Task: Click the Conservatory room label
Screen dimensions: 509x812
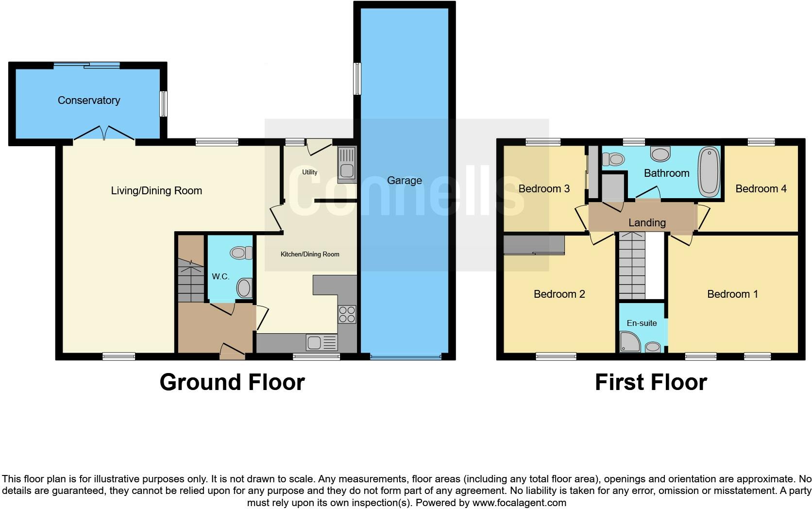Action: point(89,101)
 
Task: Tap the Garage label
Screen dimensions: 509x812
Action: point(404,181)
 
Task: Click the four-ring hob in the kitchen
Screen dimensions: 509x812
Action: point(347,314)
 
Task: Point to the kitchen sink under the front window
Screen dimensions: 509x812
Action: point(321,343)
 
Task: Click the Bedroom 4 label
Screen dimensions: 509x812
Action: point(761,188)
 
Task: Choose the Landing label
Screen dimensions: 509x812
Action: point(647,222)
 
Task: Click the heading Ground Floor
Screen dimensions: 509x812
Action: point(232,382)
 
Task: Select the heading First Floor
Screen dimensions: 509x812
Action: point(651,382)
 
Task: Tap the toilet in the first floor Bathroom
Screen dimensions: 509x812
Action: point(613,159)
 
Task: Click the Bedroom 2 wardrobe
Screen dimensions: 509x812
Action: point(534,245)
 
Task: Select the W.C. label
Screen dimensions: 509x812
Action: point(220,276)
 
